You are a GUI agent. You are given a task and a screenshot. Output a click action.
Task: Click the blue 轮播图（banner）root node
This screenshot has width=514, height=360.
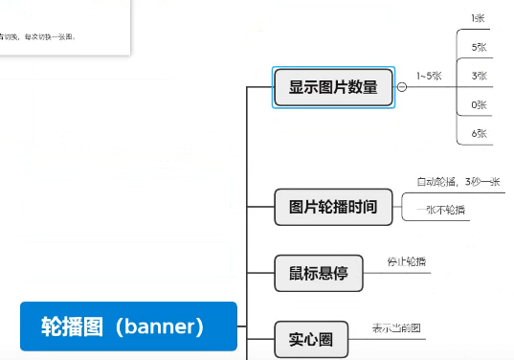(x=127, y=326)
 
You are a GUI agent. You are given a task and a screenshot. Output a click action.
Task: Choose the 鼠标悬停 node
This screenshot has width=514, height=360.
(x=318, y=274)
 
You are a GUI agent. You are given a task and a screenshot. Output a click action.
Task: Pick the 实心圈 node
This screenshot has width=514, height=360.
(x=310, y=337)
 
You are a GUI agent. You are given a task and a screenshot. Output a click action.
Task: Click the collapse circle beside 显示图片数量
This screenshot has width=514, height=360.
(x=401, y=87)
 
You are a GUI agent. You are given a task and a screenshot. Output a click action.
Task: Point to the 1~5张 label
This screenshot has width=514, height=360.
(x=428, y=76)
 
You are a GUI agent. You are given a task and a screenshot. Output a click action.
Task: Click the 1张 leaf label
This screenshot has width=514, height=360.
(x=479, y=18)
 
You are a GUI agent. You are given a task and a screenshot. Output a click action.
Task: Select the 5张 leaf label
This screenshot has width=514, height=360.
(x=479, y=47)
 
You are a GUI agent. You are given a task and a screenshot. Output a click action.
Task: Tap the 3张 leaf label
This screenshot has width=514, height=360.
(x=479, y=76)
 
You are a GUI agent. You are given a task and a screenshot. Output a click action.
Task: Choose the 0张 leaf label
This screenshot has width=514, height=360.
(x=479, y=104)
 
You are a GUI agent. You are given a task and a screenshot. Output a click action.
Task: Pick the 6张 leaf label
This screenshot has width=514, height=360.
(x=479, y=133)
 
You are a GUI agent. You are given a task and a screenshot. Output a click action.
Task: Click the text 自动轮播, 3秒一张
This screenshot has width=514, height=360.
(x=458, y=182)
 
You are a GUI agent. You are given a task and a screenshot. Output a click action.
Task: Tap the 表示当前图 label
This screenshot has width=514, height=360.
(x=396, y=328)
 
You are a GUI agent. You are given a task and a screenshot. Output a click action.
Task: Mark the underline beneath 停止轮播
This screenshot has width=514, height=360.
(x=409, y=273)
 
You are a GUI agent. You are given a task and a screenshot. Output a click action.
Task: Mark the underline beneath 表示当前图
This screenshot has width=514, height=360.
(x=397, y=337)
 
